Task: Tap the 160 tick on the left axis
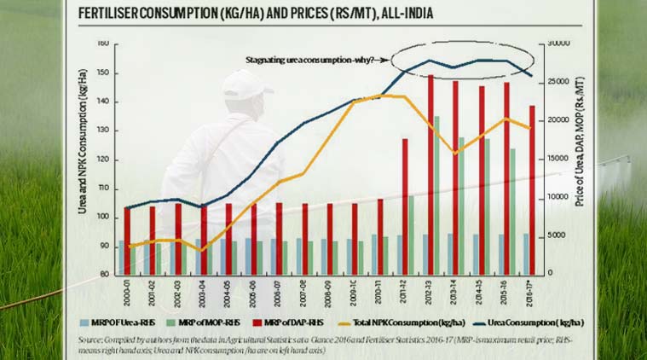click(x=101, y=43)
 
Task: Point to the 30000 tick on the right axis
click(x=558, y=43)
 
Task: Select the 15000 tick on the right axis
click(x=558, y=159)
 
